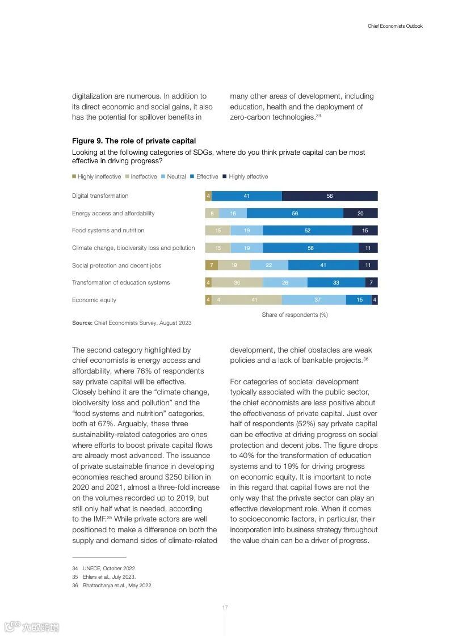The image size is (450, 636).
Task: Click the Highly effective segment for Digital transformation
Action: [x=330, y=196]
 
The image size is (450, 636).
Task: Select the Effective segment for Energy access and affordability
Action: [x=295, y=213]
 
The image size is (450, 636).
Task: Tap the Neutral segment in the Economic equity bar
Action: [x=314, y=300]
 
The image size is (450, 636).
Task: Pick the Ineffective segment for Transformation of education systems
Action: [x=237, y=282]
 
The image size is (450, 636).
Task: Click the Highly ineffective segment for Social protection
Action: [x=211, y=265]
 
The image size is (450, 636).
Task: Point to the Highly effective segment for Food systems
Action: [x=365, y=231]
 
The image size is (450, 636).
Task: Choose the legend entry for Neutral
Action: [x=173, y=177]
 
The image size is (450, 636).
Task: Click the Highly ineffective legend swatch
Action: [x=74, y=177]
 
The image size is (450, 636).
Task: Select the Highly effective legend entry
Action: [x=245, y=177]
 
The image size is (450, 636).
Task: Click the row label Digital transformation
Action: [x=100, y=196]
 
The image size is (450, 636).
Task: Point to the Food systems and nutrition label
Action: [x=108, y=231]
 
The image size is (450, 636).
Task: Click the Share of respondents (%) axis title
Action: [x=295, y=315]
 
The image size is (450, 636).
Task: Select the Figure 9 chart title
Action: [x=134, y=141]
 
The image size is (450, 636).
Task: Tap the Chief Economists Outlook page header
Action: [x=395, y=26]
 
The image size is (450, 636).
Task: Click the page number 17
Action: [x=225, y=608]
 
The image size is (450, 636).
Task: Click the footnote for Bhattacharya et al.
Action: [x=117, y=586]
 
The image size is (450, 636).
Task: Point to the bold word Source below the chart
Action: [x=82, y=323]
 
